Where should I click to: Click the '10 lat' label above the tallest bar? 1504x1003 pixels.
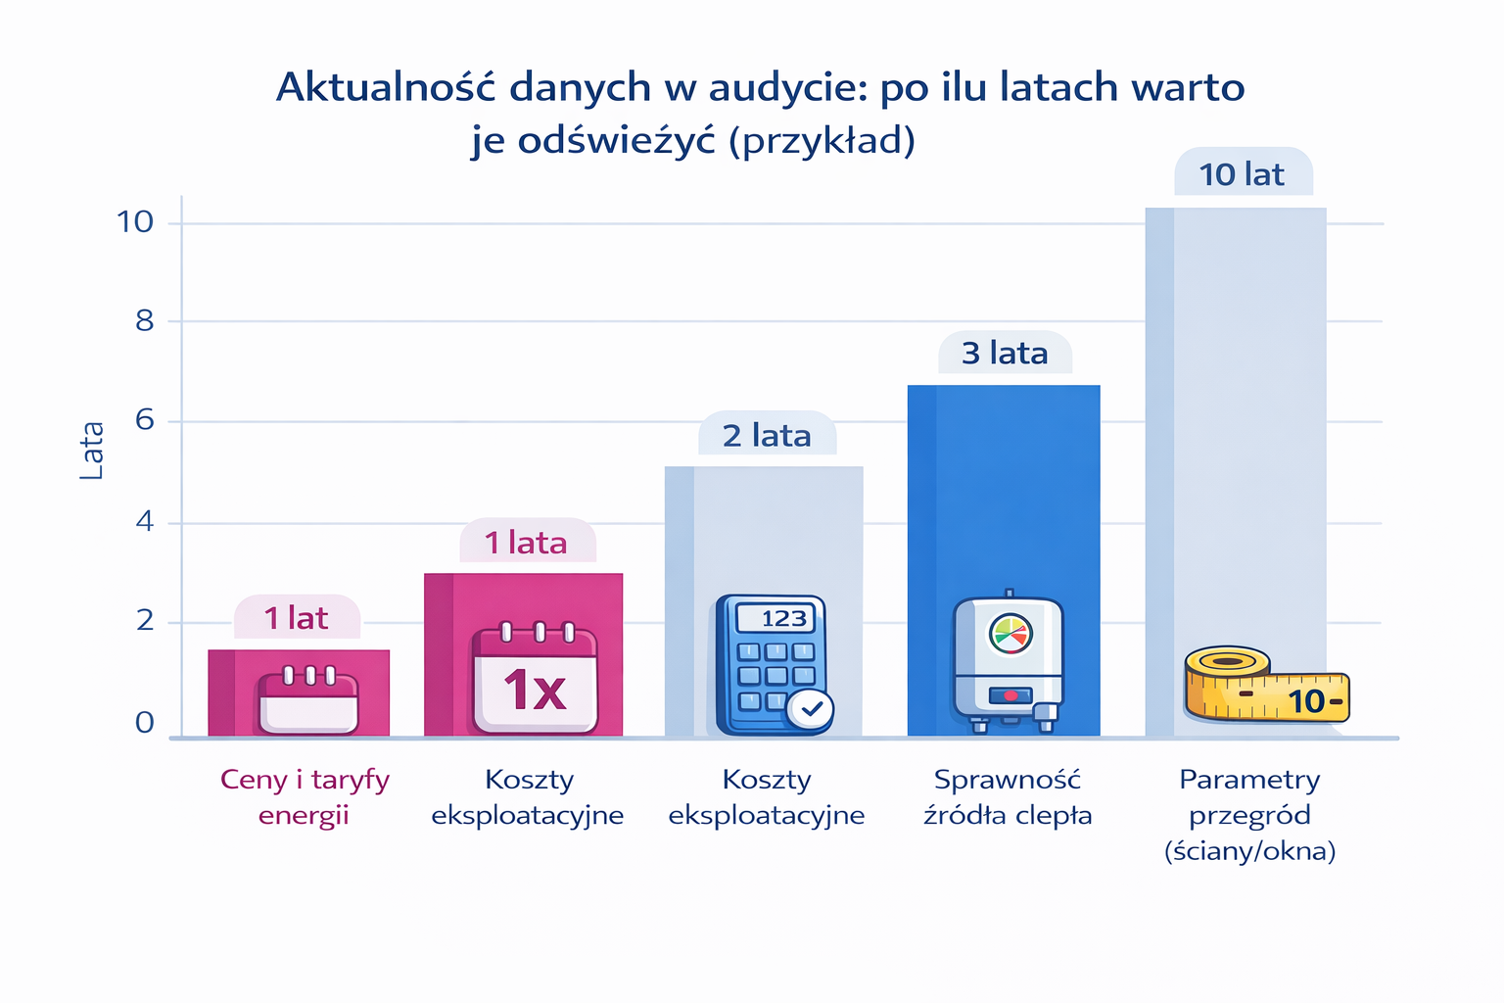click(x=1242, y=174)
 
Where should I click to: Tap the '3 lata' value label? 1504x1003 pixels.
click(x=1005, y=353)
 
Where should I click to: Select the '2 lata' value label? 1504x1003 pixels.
click(x=767, y=435)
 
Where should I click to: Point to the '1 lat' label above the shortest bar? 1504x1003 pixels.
click(x=296, y=618)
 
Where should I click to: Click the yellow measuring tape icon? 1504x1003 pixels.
click(x=1266, y=685)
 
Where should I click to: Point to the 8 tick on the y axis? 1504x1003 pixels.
click(x=145, y=321)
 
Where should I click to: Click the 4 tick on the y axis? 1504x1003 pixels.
click(x=145, y=522)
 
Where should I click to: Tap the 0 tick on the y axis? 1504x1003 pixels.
click(x=145, y=723)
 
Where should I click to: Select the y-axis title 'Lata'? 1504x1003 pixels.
click(x=92, y=451)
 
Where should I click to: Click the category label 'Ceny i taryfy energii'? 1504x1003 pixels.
click(x=305, y=797)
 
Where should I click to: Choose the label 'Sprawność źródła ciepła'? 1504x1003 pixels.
click(x=1008, y=797)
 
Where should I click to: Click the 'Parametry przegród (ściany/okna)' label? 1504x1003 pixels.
click(x=1249, y=815)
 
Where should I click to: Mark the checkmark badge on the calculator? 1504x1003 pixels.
click(x=811, y=707)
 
